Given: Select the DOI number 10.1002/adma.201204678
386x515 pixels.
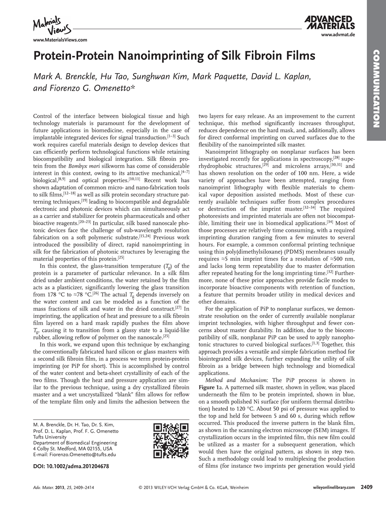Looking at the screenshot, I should [71, 466].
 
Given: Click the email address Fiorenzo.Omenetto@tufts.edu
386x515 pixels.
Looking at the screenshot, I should [84, 455].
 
